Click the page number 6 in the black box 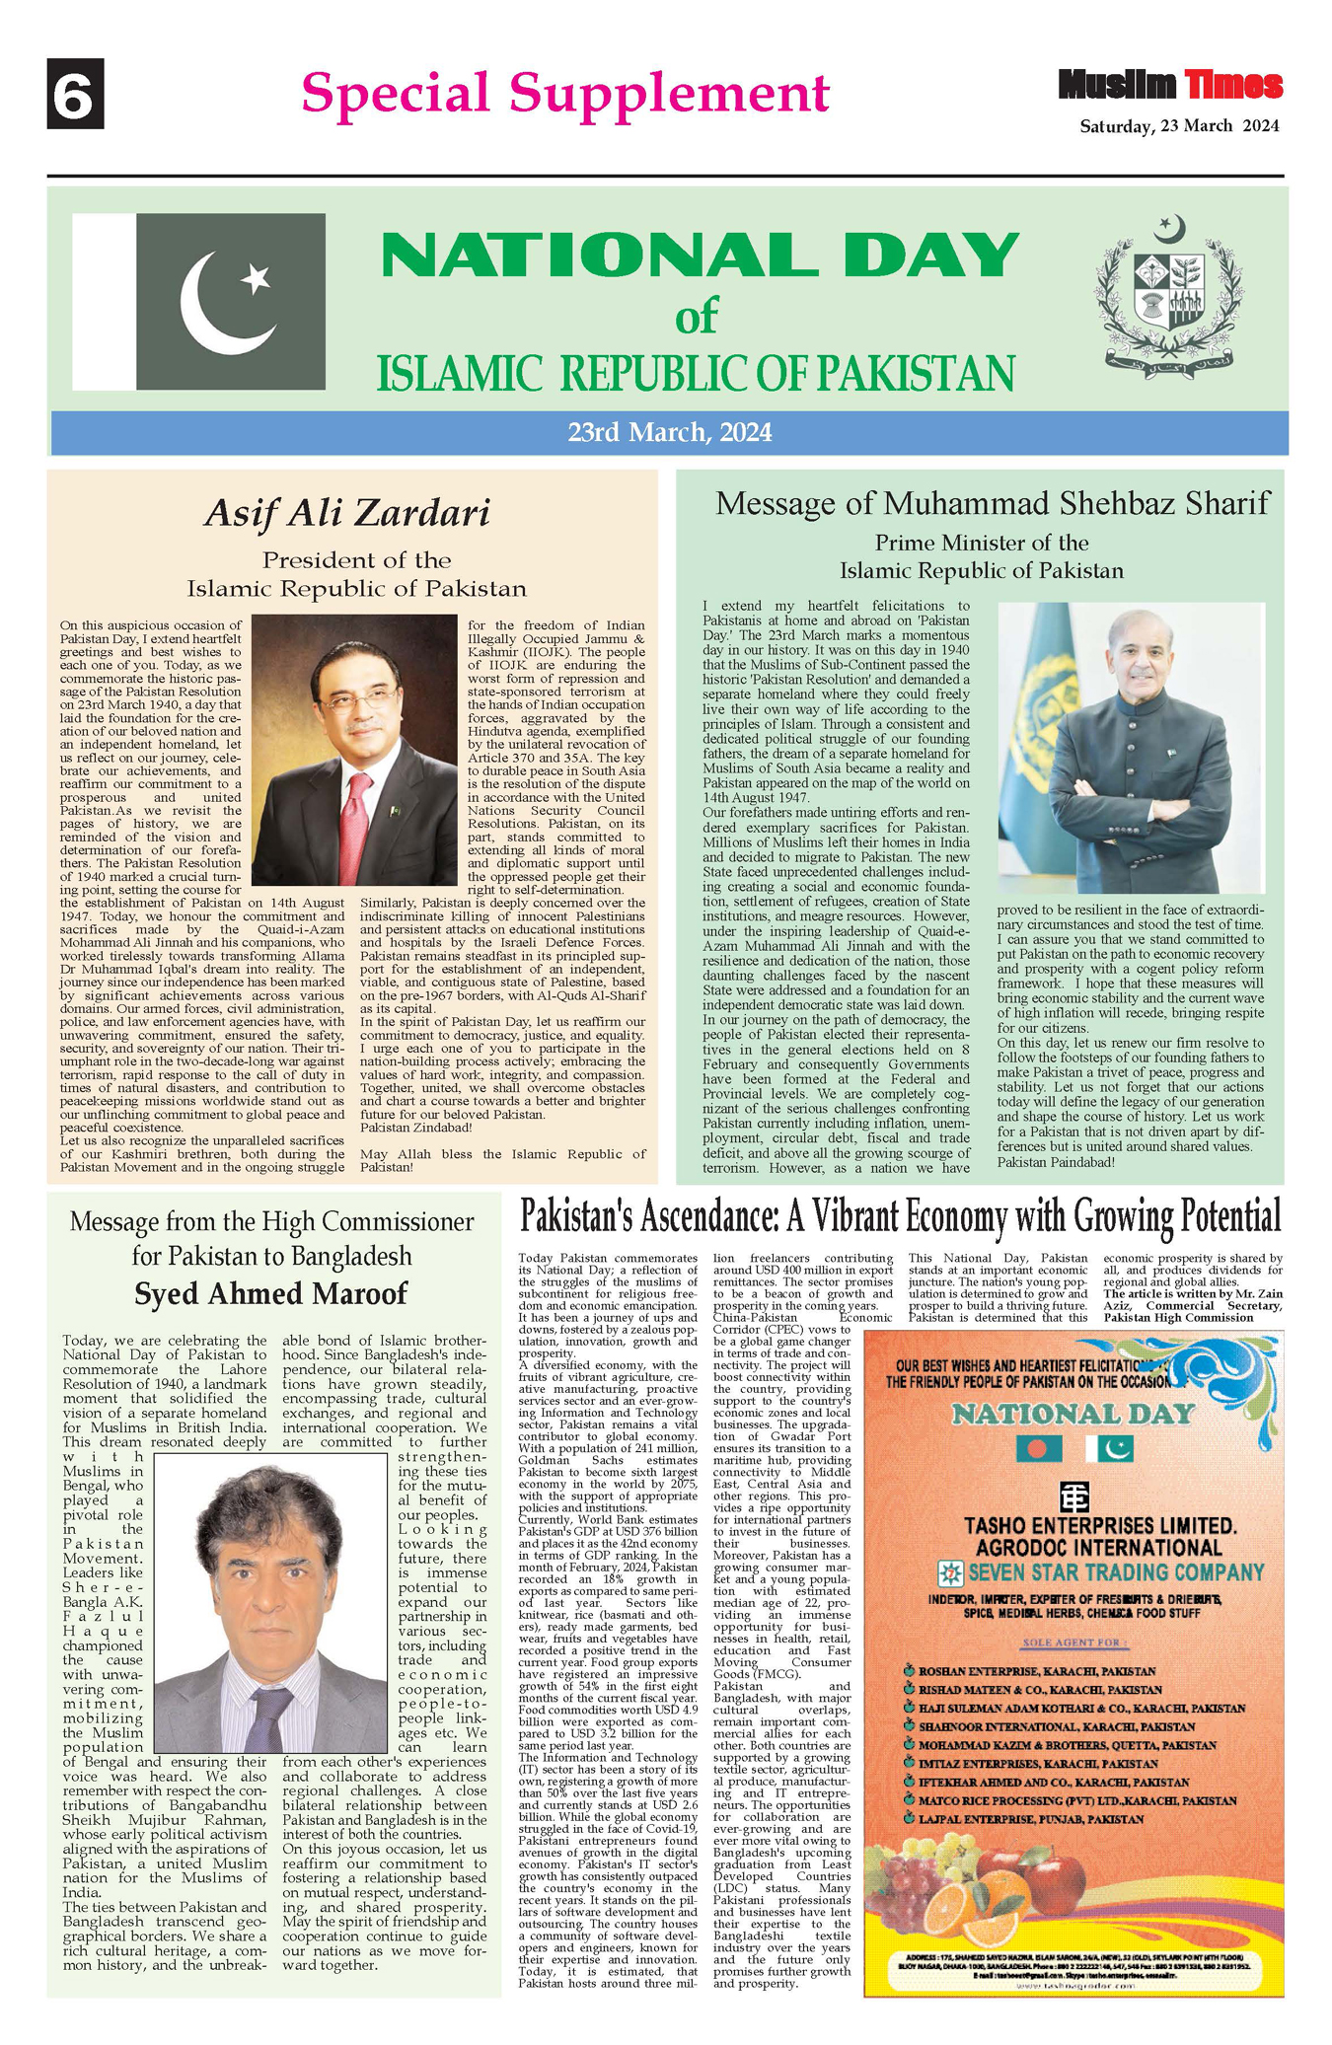click(x=75, y=94)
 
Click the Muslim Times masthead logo click(x=1170, y=85)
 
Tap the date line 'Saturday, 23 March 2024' click(x=1179, y=126)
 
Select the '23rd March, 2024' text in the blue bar click(x=669, y=432)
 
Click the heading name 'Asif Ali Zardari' click(x=346, y=513)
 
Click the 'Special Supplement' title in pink click(x=564, y=94)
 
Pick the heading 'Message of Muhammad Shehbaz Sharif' click(x=992, y=503)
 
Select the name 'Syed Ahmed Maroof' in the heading click(x=270, y=1293)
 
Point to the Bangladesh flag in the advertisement click(x=1039, y=1448)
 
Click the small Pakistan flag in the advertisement click(x=1110, y=1448)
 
